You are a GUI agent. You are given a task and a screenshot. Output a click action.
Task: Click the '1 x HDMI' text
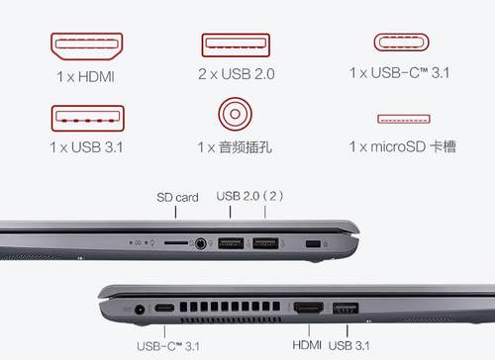coord(85,77)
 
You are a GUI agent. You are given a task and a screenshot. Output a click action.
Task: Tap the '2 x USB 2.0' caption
coord(237,74)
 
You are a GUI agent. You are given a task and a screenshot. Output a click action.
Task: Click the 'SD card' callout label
coord(177,197)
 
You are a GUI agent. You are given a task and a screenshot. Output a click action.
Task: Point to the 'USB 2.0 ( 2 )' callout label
coord(249,196)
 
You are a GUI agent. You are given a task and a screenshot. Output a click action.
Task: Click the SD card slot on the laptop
coord(176,242)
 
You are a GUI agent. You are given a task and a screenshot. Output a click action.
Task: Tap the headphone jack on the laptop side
coord(200,244)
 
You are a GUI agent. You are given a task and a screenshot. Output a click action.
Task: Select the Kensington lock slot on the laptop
coord(313,244)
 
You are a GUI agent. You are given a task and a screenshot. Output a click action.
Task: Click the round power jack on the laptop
coord(140,311)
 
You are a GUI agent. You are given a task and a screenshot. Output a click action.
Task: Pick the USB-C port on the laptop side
coord(164,309)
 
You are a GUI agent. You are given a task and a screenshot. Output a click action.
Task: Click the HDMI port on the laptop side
coord(309,309)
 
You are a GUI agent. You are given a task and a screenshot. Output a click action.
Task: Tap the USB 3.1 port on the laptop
coord(346,309)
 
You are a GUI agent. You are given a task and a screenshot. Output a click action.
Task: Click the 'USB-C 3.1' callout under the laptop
coord(168,346)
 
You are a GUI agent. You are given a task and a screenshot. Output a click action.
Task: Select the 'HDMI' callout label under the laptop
coord(307,345)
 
